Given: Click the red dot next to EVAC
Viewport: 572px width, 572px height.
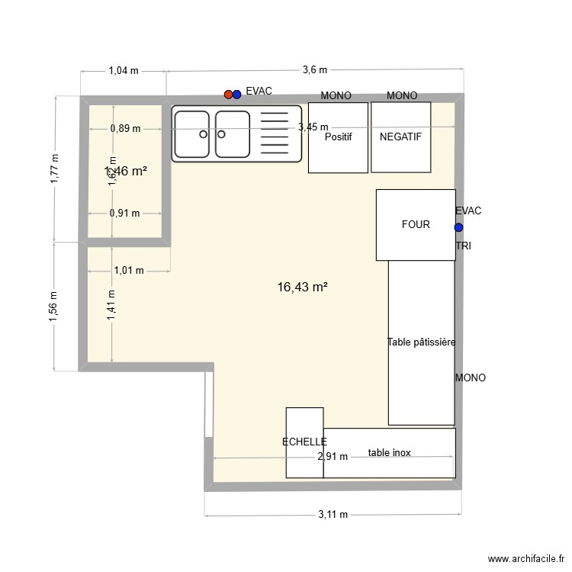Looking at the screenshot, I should tap(228, 95).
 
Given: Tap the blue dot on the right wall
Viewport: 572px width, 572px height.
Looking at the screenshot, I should tap(458, 227).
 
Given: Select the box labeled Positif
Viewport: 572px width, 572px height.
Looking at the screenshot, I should tap(338, 137).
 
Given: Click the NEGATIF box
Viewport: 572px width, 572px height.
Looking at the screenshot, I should tap(401, 137).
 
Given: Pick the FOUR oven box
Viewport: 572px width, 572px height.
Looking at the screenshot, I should tap(416, 224).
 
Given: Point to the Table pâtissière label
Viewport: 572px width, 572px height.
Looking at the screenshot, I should tap(421, 342).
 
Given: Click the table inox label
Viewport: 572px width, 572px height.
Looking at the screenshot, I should tap(389, 453).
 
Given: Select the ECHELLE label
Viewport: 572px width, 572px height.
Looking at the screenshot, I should tap(304, 442).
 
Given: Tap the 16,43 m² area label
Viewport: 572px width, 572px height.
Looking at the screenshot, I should tap(303, 287).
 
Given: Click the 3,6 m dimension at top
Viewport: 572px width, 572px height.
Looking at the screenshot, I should tap(314, 70).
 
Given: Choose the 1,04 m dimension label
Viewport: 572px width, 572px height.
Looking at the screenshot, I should tap(124, 71).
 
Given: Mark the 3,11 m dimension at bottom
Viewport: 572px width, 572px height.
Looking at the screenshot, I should tap(333, 515).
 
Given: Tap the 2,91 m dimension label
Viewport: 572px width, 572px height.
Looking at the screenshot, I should tap(333, 457).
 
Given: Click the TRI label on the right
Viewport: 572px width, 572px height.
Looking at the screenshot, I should tap(463, 246).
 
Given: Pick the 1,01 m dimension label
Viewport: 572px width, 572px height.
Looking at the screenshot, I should tap(129, 270).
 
